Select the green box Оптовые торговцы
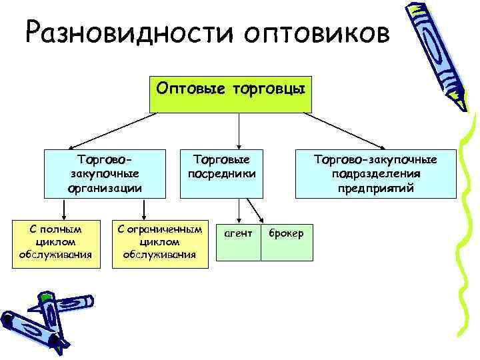[x=231, y=89]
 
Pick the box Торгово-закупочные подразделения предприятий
[x=375, y=173]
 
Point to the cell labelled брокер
[x=287, y=233]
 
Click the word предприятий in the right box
[x=375, y=189]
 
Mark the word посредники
[x=221, y=174]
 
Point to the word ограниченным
[x=159, y=229]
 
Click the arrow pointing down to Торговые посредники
[x=240, y=131]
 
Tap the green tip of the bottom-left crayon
[x=47, y=293]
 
